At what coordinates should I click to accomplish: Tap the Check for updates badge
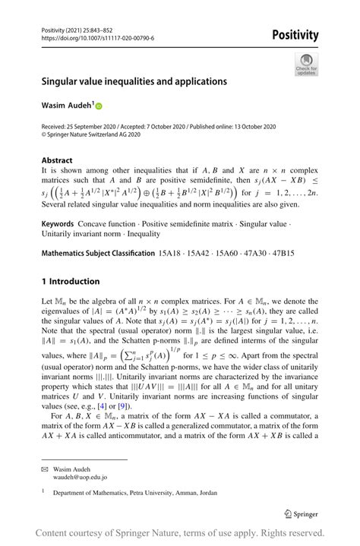tap(306, 64)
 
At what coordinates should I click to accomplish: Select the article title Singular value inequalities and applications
tap(134, 81)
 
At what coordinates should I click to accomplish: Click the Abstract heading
tap(57, 160)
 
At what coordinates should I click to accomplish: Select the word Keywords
tap(58, 226)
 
